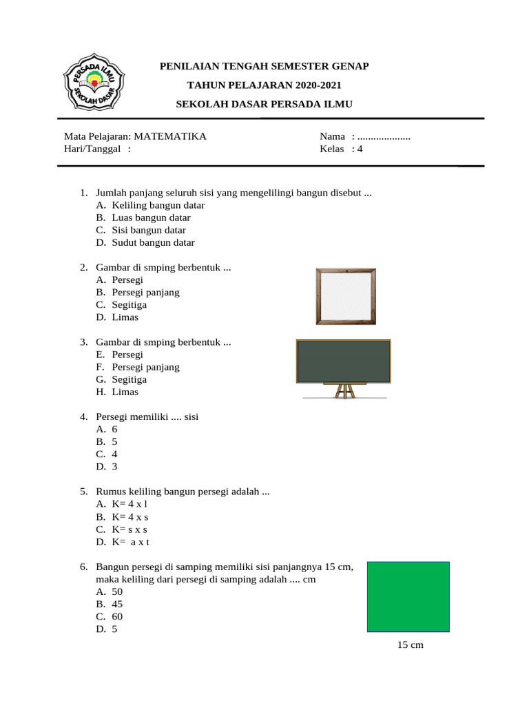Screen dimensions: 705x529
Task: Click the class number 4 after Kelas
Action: click(x=360, y=149)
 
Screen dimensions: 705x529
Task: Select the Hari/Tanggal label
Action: click(x=93, y=149)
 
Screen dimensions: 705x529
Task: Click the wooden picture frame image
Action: click(x=346, y=296)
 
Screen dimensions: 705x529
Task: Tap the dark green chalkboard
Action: click(x=343, y=361)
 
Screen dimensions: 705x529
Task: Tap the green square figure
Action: click(x=408, y=596)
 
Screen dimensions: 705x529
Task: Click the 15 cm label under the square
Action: click(x=410, y=645)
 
